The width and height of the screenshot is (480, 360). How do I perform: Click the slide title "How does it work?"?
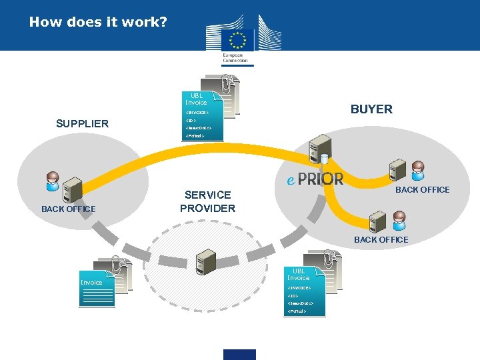tap(98, 22)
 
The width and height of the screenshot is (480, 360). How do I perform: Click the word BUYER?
tap(371, 109)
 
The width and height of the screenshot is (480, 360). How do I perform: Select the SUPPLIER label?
tap(82, 123)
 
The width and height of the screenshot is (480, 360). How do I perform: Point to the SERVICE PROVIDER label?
tap(207, 201)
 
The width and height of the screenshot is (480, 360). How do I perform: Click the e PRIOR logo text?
tap(315, 179)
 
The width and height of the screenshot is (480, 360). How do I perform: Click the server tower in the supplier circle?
tap(71, 191)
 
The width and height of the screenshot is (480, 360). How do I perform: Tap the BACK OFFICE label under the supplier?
tap(68, 209)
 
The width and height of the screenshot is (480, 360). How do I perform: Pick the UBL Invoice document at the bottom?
tap(303, 291)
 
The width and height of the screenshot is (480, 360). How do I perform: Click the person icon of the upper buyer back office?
tap(418, 170)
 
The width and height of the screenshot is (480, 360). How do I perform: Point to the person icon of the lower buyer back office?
tap(398, 219)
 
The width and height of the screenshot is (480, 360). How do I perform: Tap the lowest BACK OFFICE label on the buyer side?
tap(381, 239)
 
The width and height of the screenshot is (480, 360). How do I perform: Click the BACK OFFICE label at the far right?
tap(423, 190)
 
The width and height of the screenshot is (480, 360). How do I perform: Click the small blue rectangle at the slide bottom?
tap(239, 354)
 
